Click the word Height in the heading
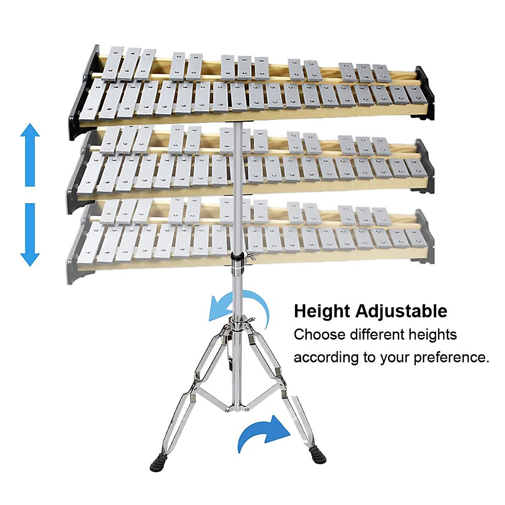coord(322,311)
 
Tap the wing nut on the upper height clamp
coord(252,256)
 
